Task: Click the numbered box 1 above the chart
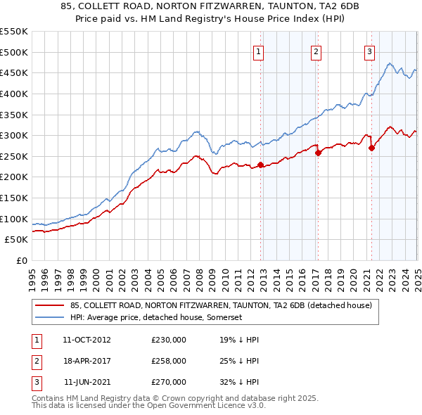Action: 259,51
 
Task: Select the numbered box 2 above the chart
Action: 316,51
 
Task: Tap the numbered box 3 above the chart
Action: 369,51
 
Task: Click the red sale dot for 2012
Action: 260,165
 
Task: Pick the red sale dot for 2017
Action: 318,153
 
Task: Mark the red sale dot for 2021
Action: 371,148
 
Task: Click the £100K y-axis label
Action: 14,219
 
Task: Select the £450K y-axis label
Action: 14,72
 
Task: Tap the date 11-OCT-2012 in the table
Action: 87,340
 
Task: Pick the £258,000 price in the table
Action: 169,361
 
